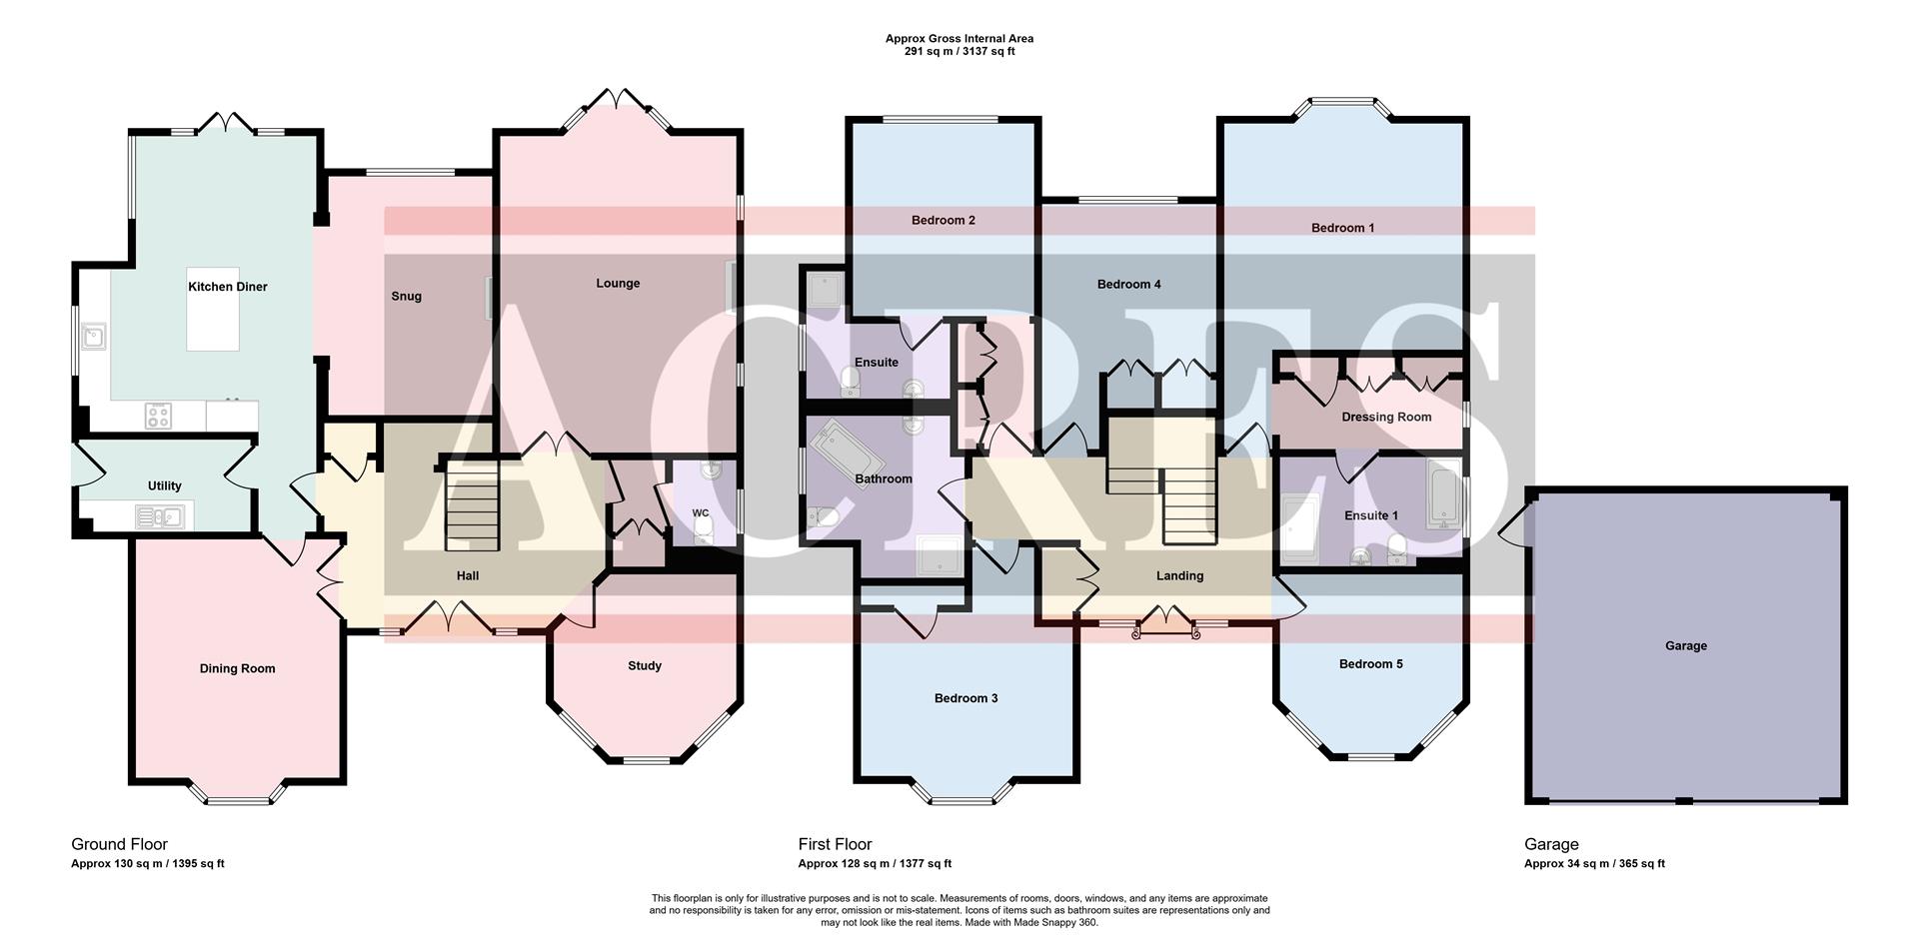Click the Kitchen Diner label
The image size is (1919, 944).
tap(228, 287)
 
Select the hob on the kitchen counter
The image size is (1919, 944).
tap(158, 416)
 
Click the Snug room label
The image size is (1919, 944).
tap(406, 297)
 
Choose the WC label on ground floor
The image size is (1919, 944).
tap(701, 513)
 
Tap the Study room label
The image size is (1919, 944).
tap(645, 666)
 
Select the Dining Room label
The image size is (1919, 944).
tap(237, 669)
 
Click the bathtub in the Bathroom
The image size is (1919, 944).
tap(848, 454)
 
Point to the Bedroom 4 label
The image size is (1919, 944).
tap(1128, 285)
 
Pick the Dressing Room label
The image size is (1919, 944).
tap(1386, 418)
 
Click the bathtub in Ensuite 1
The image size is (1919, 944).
tap(1443, 494)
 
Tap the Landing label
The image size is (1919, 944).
tap(1179, 576)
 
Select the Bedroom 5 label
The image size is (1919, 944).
tap(1370, 664)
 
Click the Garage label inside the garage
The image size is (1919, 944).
tap(1685, 646)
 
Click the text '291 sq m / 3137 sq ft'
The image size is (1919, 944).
tap(959, 52)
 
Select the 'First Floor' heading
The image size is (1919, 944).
tap(835, 844)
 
